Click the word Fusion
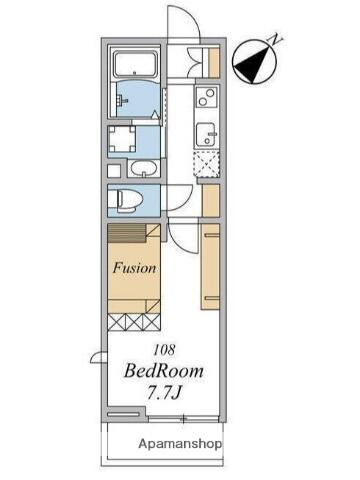(134, 268)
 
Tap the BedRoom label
(164, 371)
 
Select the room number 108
(164, 349)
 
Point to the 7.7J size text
(164, 393)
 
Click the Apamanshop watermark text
(180, 444)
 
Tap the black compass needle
(252, 64)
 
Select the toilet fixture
(129, 200)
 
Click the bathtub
(135, 64)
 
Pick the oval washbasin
(144, 168)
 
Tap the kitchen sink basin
(206, 134)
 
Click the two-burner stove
(207, 97)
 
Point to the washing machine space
(122, 139)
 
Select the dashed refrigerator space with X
(207, 164)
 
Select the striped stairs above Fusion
(127, 233)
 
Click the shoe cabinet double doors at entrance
(195, 62)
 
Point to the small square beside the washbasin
(114, 171)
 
